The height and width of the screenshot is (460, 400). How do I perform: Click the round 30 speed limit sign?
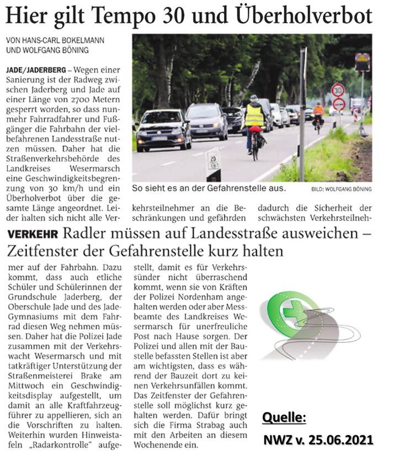click(x=337, y=89)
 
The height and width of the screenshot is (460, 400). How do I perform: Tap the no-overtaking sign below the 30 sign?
click(x=338, y=103)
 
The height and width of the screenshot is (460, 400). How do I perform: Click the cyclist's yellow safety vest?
click(x=254, y=115)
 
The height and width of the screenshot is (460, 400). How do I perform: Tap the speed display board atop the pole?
click(x=362, y=61)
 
